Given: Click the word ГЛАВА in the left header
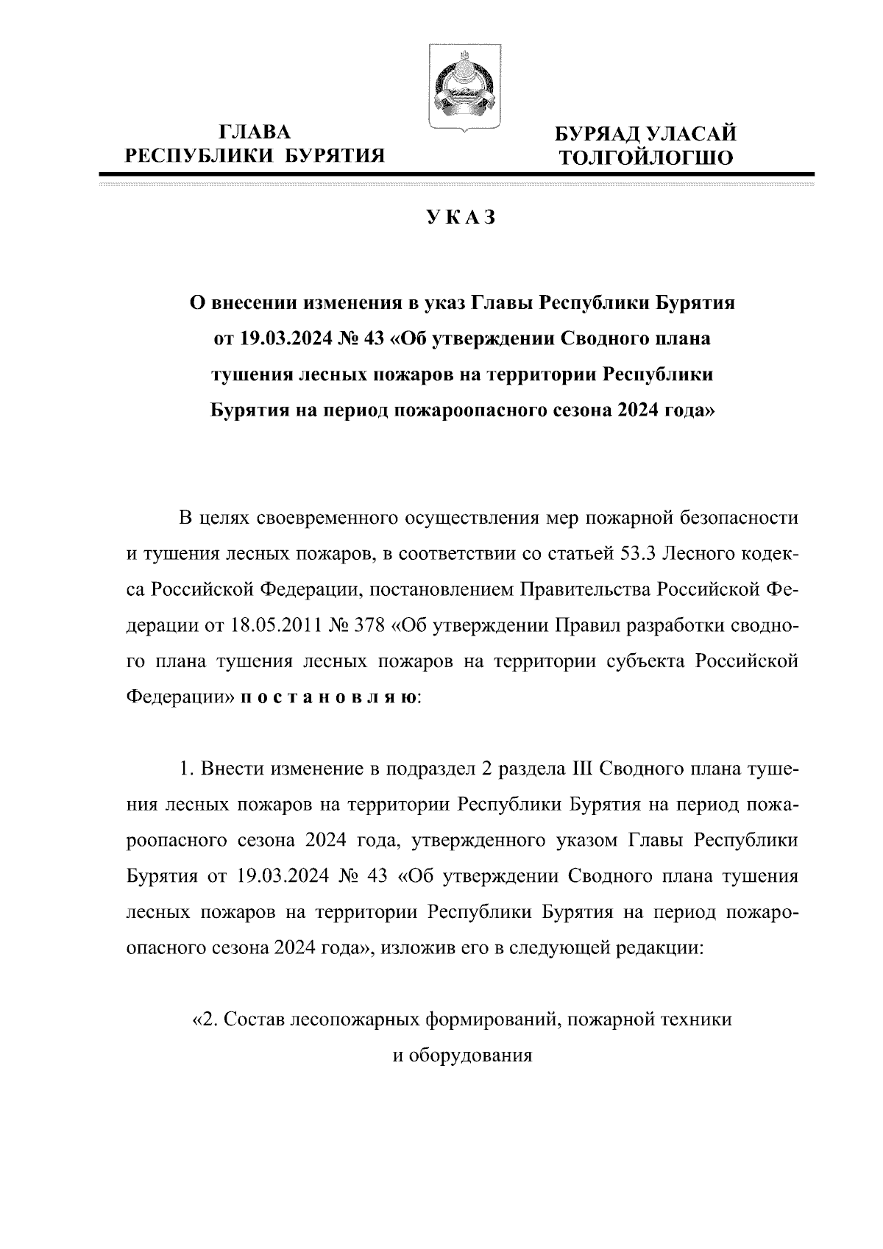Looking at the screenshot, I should coord(255,132).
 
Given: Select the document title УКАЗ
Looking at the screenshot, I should coord(461,218).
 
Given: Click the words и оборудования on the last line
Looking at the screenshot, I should coord(461,1056).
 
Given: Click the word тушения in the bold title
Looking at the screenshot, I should coord(252,374).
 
